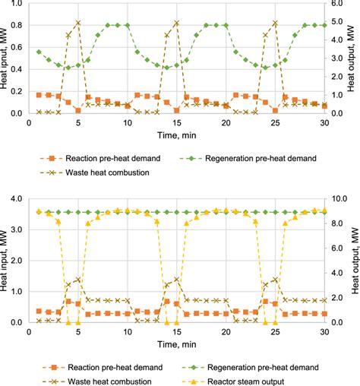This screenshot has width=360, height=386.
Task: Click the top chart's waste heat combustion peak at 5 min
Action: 78,23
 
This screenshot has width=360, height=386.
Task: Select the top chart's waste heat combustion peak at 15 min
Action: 177,23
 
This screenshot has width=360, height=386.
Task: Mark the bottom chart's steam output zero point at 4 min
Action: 68,322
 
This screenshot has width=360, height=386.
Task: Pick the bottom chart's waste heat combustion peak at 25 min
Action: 276,280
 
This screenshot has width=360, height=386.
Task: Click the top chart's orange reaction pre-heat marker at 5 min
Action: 78,110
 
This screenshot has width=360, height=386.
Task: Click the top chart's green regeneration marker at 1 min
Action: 39,52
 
